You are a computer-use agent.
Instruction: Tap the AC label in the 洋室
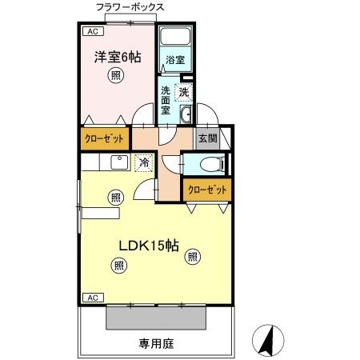pyautogui.click(x=92, y=34)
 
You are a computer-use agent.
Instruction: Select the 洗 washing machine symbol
pyautogui.click(x=185, y=93)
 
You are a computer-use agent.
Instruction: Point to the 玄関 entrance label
pyautogui.click(x=206, y=137)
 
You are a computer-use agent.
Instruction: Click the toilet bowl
pyautogui.click(x=210, y=166)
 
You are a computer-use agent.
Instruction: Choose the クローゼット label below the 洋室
pyautogui.click(x=105, y=138)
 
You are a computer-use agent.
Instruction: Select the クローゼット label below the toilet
pyautogui.click(x=206, y=191)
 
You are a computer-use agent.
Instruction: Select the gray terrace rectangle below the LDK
pyautogui.click(x=157, y=318)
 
